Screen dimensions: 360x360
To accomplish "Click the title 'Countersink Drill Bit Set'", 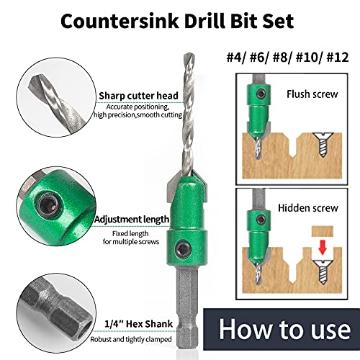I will click(179, 20).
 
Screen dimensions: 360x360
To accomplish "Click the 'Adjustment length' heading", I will click(132, 219).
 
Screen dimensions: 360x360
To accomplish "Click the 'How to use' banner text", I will click(284, 332).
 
